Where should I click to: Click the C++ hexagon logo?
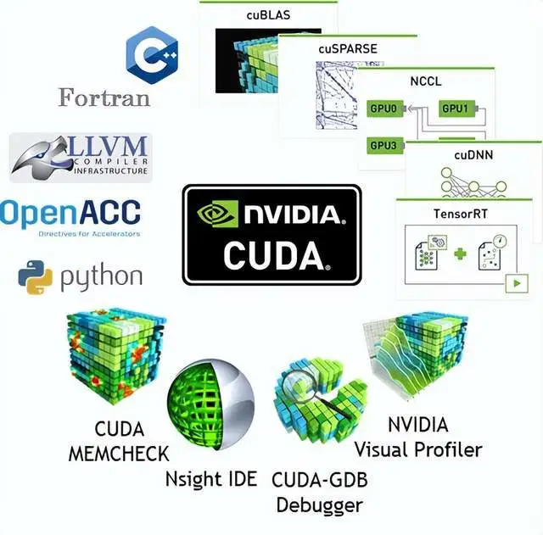[x=150, y=53]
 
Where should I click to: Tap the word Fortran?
[x=104, y=97]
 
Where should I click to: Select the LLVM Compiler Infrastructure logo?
[x=81, y=157]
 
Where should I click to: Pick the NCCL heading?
[x=427, y=81]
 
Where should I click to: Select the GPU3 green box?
[x=383, y=145]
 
